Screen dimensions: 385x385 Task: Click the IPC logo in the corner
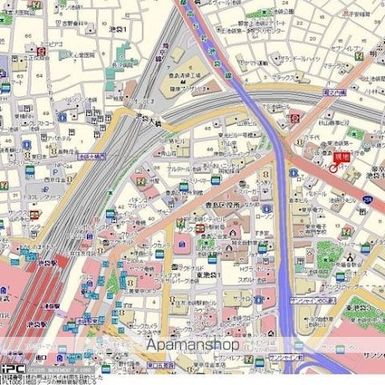click(10, 371)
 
